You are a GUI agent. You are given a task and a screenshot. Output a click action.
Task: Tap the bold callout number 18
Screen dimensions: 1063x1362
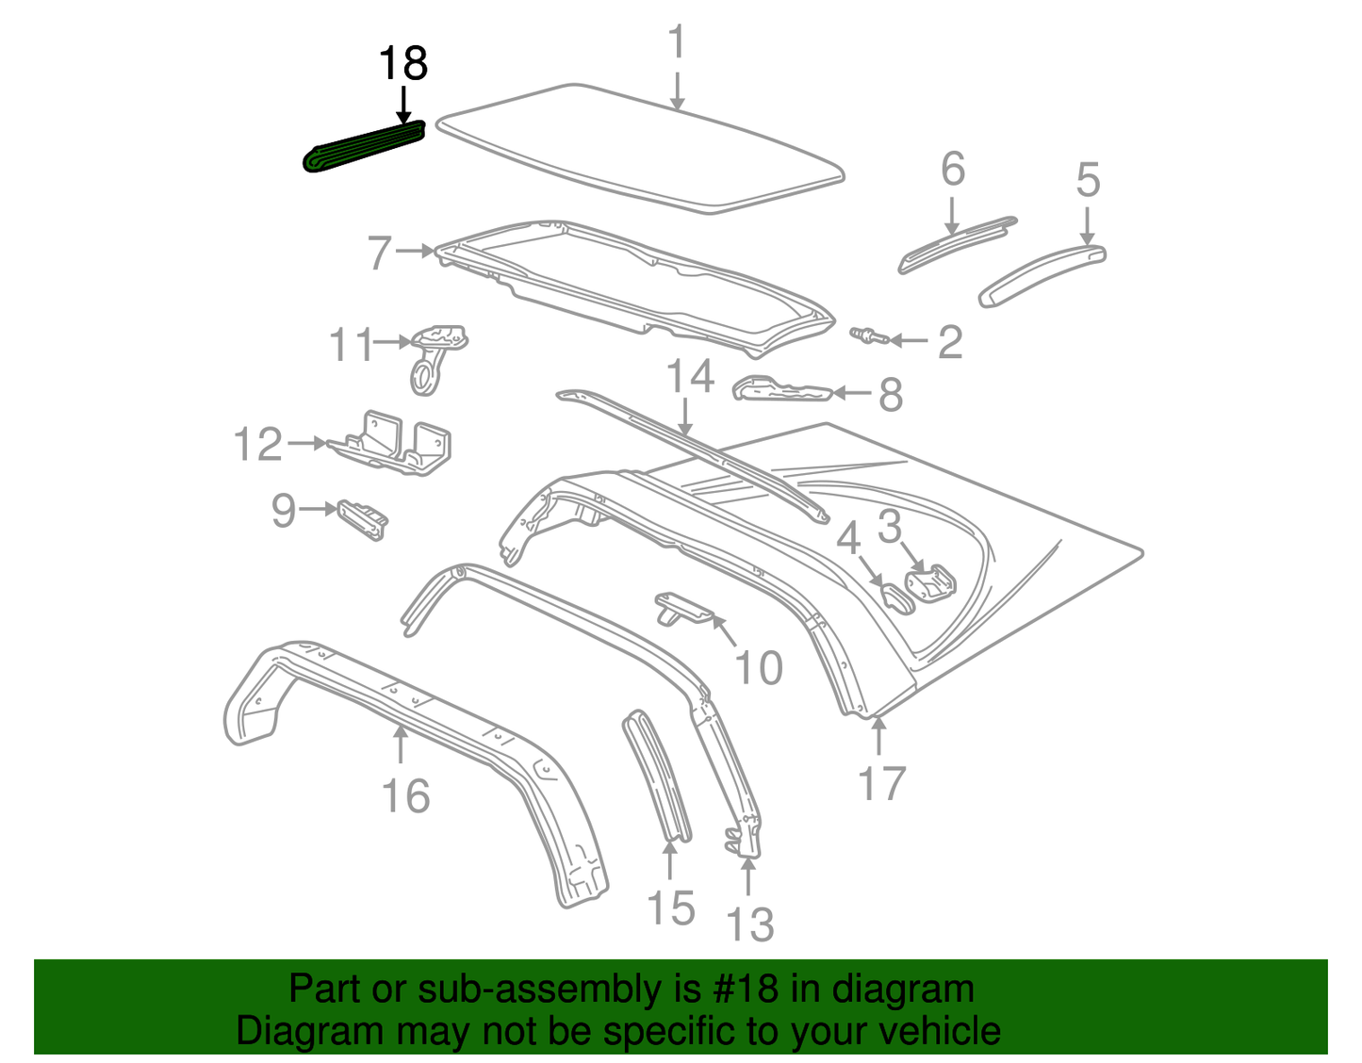tap(402, 64)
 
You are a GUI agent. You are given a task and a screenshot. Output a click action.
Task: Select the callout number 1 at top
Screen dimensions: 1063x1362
tap(676, 43)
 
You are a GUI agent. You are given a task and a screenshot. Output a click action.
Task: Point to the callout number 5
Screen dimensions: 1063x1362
tap(1088, 180)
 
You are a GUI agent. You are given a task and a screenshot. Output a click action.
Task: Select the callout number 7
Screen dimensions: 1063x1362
tap(379, 253)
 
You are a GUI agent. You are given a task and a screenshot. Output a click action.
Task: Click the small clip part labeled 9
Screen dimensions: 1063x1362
tap(364, 519)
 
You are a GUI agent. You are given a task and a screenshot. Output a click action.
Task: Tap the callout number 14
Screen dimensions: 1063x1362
tap(690, 377)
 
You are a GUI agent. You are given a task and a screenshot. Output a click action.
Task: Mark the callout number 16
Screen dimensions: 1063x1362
tap(405, 796)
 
